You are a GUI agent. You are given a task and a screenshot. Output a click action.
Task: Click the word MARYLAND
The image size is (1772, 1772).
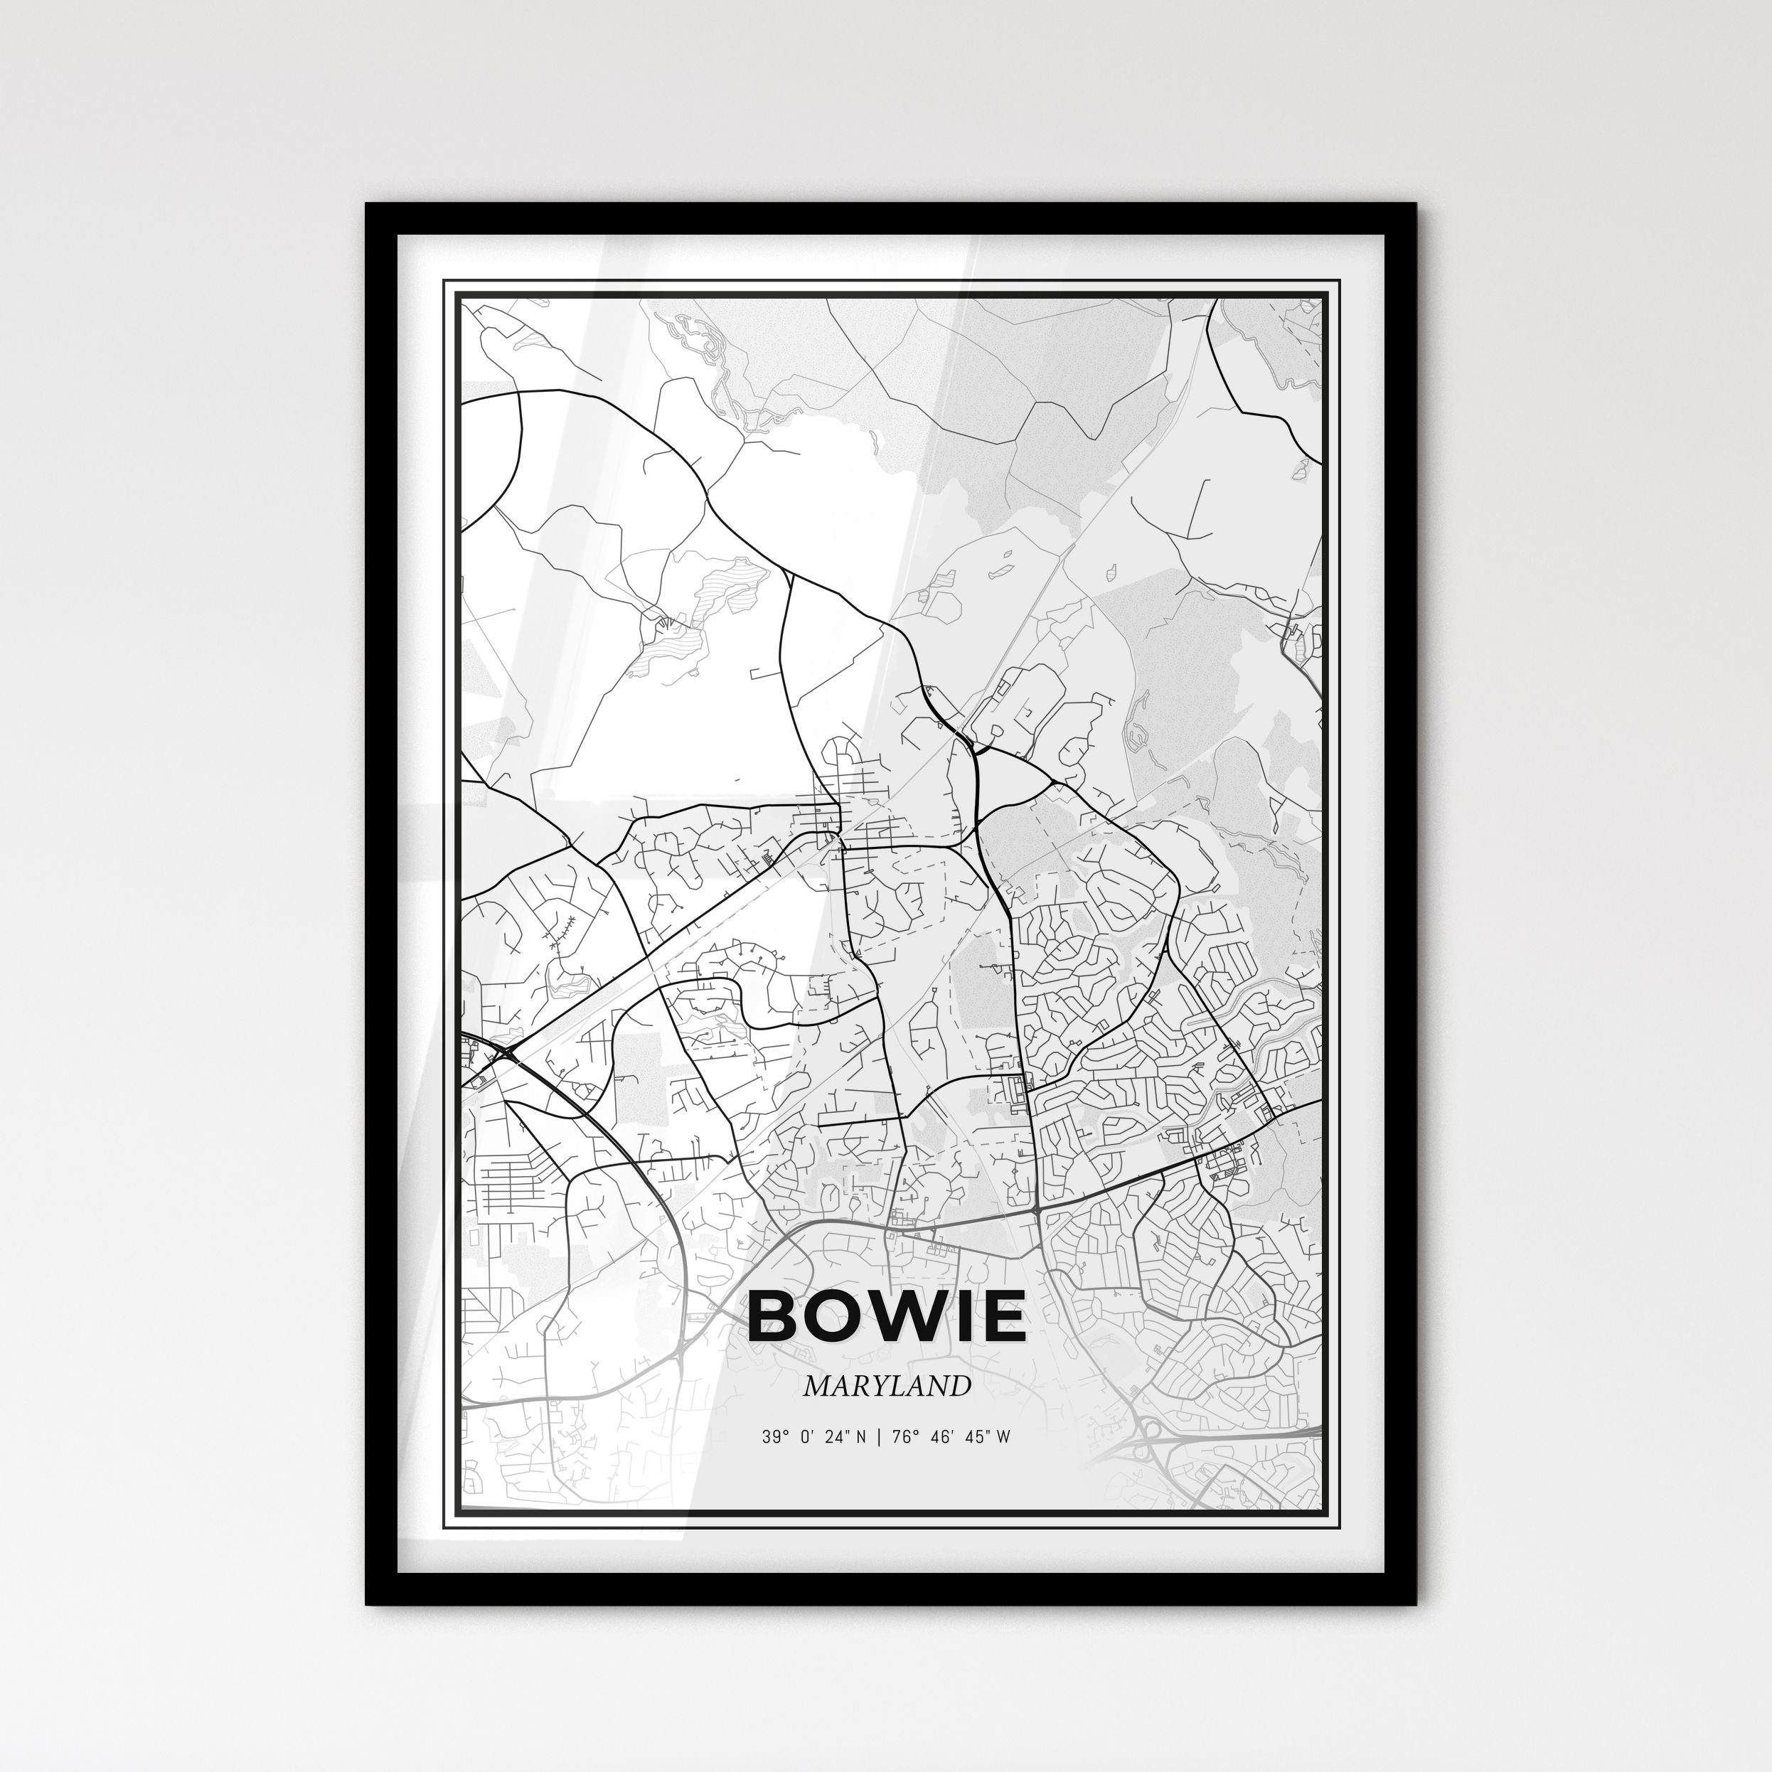click(x=886, y=1386)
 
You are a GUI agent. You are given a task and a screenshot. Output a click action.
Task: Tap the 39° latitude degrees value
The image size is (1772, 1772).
click(x=776, y=1437)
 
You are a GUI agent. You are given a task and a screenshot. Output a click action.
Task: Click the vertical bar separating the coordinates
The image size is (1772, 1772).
click(x=879, y=1437)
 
